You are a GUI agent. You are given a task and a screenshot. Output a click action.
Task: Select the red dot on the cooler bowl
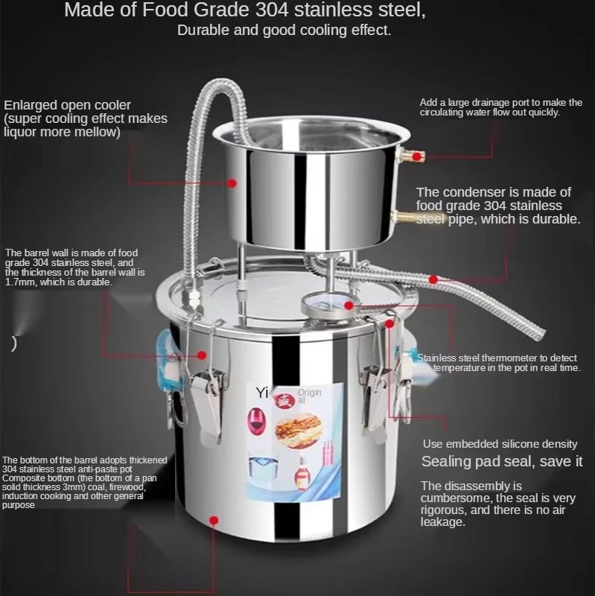(232, 182)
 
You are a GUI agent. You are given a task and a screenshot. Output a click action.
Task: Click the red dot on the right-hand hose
(434, 279)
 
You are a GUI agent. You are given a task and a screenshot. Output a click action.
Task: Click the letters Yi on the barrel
(261, 393)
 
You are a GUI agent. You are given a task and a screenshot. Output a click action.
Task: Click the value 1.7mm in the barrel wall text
(21, 282)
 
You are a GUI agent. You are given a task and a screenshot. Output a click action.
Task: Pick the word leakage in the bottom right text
(444, 522)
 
